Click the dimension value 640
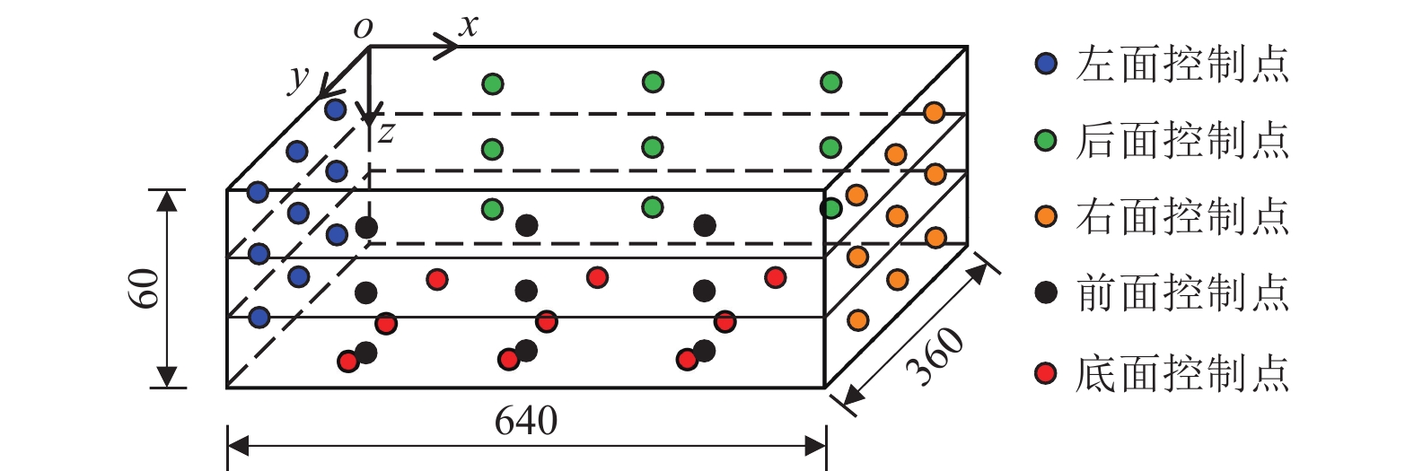point(526,421)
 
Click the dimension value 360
point(935,356)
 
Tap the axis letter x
point(469,26)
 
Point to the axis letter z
point(386,133)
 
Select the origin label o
point(363,29)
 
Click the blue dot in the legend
point(1046,64)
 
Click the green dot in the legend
point(1046,140)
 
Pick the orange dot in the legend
point(1046,216)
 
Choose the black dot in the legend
point(1046,292)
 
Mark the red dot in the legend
point(1046,373)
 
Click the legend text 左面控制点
point(1181,64)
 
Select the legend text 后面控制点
point(1181,140)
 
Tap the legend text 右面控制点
point(1181,216)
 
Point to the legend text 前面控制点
point(1181,292)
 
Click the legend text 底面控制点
point(1181,373)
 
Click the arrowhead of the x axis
point(447,46)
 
